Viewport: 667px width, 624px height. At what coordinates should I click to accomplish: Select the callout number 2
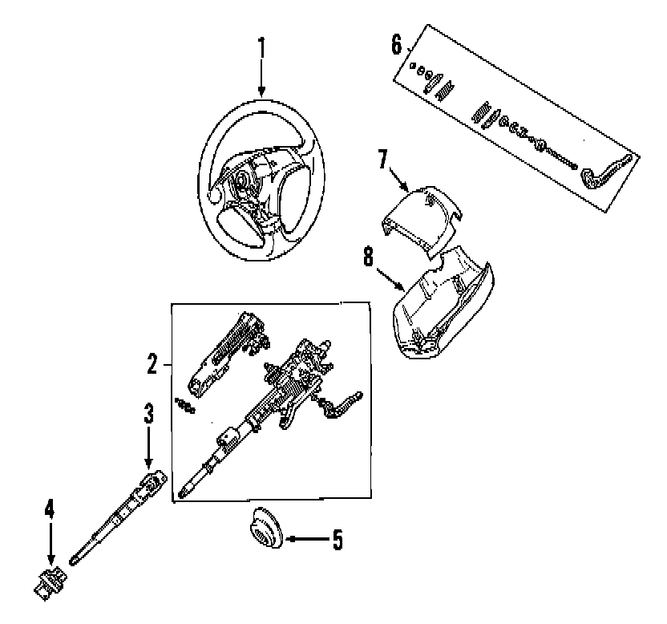tap(152, 365)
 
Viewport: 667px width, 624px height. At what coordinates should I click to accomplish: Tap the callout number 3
tap(148, 414)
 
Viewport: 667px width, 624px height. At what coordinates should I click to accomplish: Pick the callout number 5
tap(337, 540)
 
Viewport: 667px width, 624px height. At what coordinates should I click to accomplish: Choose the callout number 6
tap(396, 43)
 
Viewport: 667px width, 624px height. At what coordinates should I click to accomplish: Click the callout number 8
tap(368, 257)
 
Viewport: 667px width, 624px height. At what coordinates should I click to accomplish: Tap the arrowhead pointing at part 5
tap(289, 540)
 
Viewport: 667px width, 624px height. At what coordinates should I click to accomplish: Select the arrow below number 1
tap(261, 84)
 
